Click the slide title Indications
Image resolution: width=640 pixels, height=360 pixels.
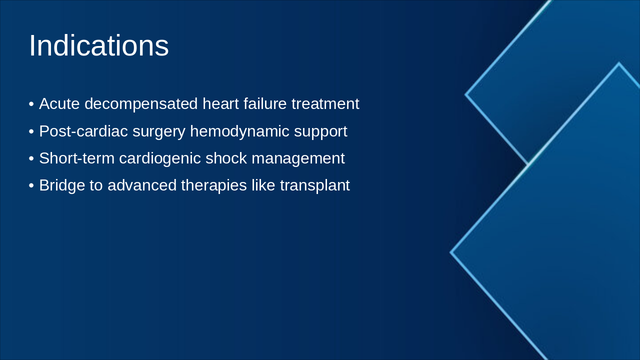tap(98, 46)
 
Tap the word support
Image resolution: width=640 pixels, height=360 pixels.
tap(320, 131)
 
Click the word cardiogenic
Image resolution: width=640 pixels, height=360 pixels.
tap(159, 158)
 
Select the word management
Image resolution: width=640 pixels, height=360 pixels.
tap(298, 158)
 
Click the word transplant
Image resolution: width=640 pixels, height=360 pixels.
tap(315, 185)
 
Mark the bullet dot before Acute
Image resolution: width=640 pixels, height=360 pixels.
tap(31, 104)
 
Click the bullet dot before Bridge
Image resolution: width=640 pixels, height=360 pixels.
tap(31, 186)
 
